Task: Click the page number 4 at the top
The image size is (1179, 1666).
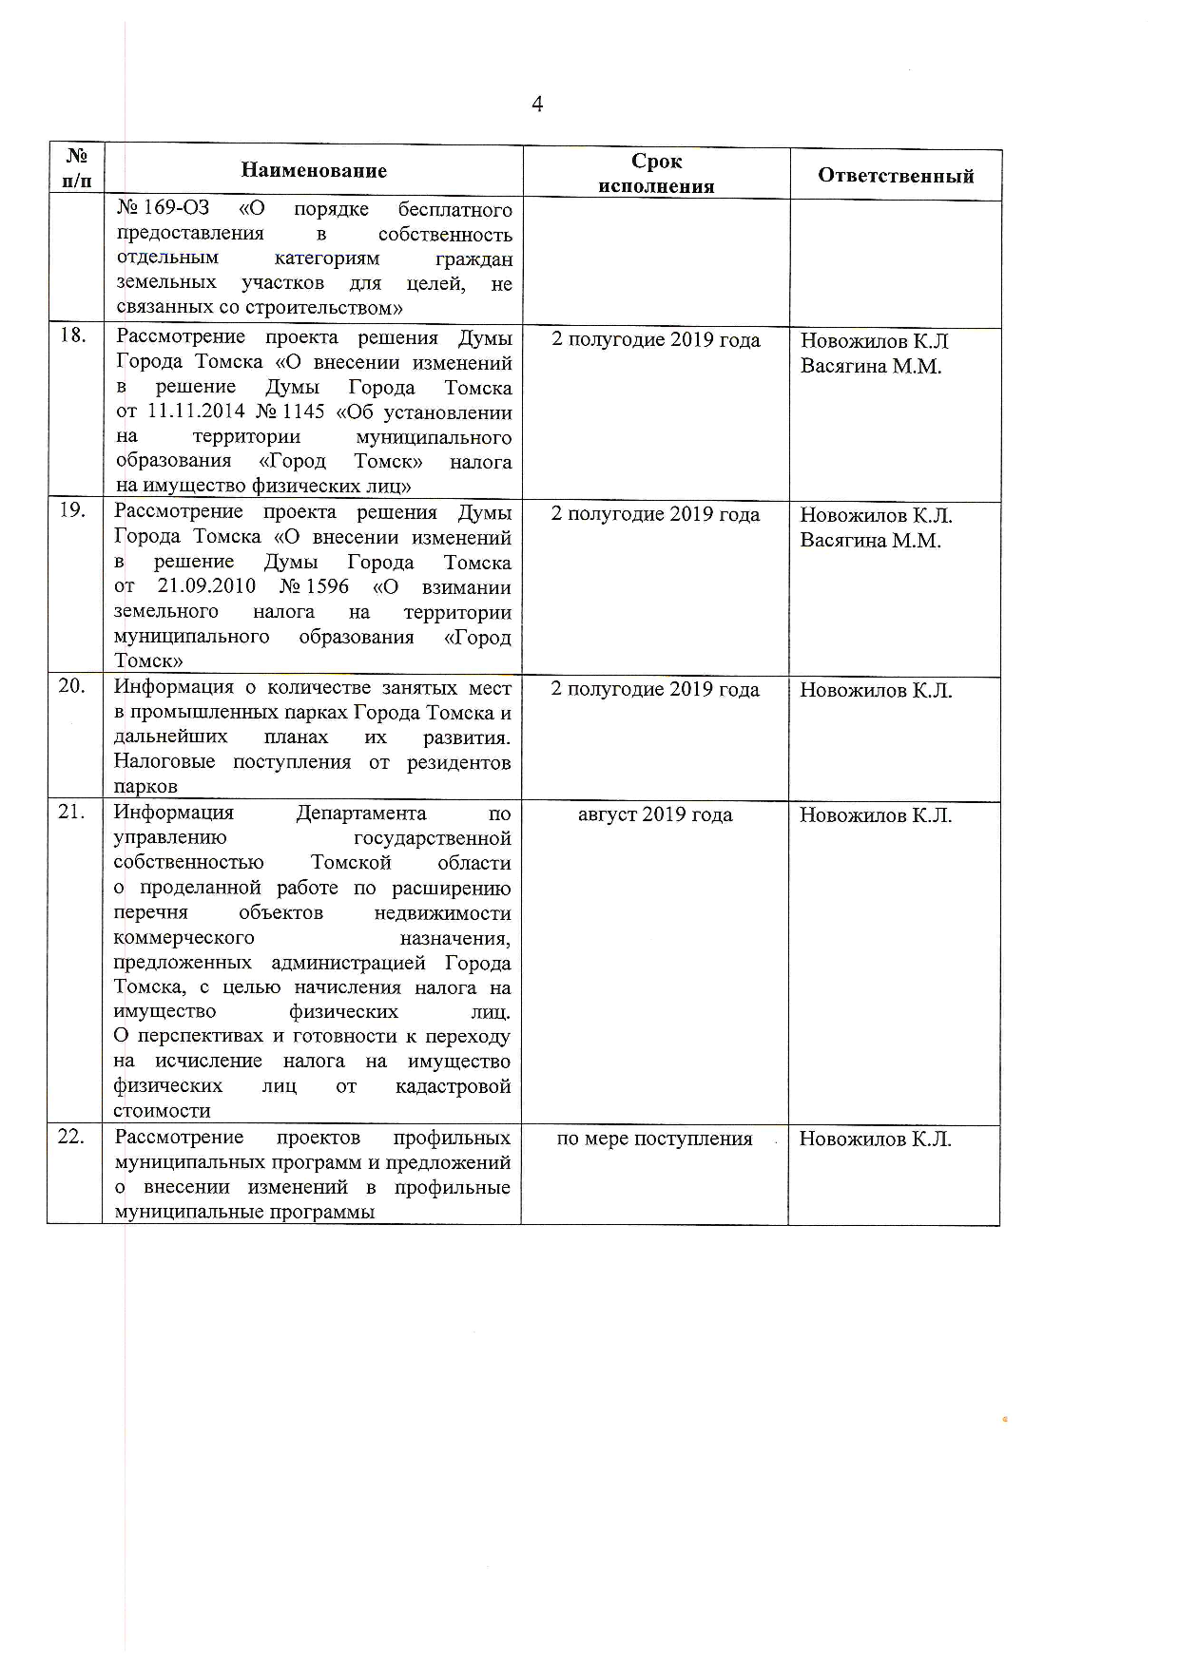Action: (x=537, y=105)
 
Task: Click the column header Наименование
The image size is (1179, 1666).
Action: (x=314, y=171)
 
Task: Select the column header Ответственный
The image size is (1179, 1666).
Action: (x=896, y=176)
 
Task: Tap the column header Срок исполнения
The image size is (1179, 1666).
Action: (x=656, y=174)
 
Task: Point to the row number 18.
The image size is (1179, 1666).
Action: (x=73, y=335)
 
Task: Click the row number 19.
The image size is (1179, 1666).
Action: (x=72, y=509)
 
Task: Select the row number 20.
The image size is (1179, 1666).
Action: (x=71, y=685)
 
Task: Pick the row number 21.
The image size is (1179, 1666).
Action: (x=71, y=811)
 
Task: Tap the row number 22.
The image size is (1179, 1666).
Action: (x=71, y=1136)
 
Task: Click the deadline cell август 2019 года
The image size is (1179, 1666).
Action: (x=655, y=814)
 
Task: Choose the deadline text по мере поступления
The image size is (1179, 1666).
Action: (x=654, y=1139)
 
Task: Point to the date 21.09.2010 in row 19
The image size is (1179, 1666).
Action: (x=206, y=586)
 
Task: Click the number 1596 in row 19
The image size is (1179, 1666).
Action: (x=327, y=586)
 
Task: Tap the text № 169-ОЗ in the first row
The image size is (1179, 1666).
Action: (x=163, y=208)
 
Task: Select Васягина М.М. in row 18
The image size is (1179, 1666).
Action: (x=871, y=366)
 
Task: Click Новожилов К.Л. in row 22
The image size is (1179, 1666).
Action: (x=875, y=1139)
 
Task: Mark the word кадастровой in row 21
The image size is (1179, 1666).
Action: (x=453, y=1085)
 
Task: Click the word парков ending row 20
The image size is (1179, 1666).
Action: (x=145, y=787)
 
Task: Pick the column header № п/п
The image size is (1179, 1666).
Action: (x=77, y=168)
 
